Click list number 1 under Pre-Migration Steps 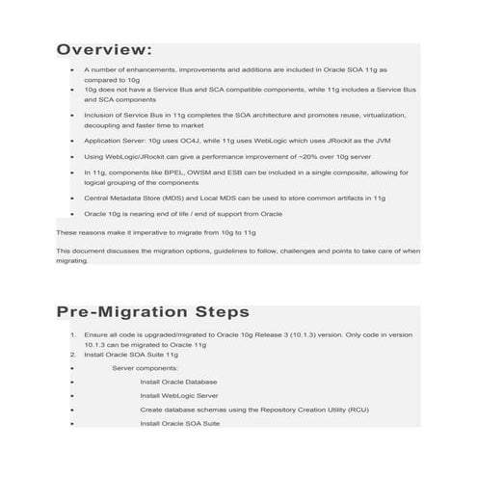(x=73, y=334)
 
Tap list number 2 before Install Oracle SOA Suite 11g (x=73, y=354)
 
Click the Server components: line (x=145, y=368)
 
